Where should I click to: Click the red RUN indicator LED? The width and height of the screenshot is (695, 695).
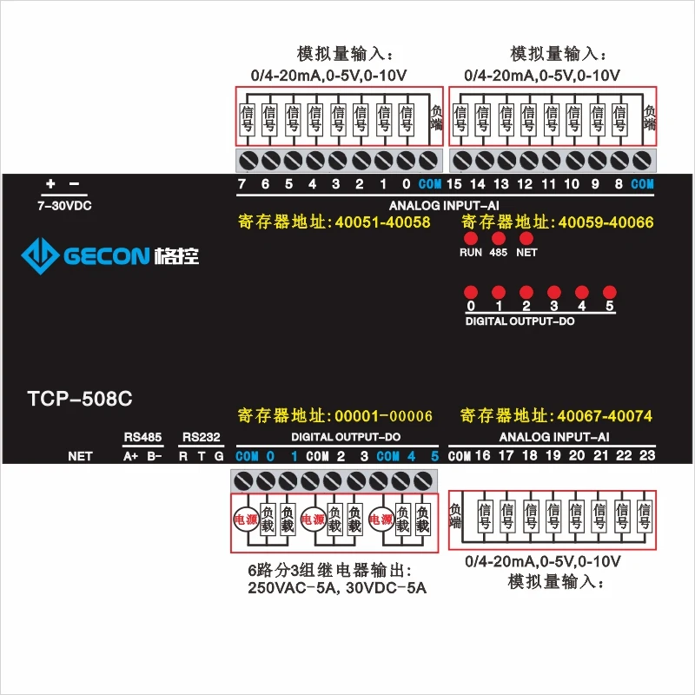pos(471,238)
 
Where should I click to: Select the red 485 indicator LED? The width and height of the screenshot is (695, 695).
pos(499,238)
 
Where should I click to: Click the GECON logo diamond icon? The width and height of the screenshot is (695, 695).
pos(39,255)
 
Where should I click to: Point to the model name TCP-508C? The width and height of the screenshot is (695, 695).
pos(80,400)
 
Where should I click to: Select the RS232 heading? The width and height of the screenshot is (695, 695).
pos(200,436)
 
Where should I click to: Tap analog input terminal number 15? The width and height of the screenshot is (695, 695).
pos(453,184)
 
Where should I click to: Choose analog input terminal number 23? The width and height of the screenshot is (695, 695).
pos(646,455)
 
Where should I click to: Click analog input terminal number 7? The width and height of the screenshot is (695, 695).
pos(242,184)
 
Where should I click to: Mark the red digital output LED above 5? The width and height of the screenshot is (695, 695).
pos(610,292)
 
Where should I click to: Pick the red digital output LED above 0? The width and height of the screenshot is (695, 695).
pos(471,292)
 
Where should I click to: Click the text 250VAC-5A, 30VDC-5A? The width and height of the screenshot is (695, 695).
pos(337,588)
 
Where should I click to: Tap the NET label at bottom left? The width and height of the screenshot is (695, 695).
pos(80,456)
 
